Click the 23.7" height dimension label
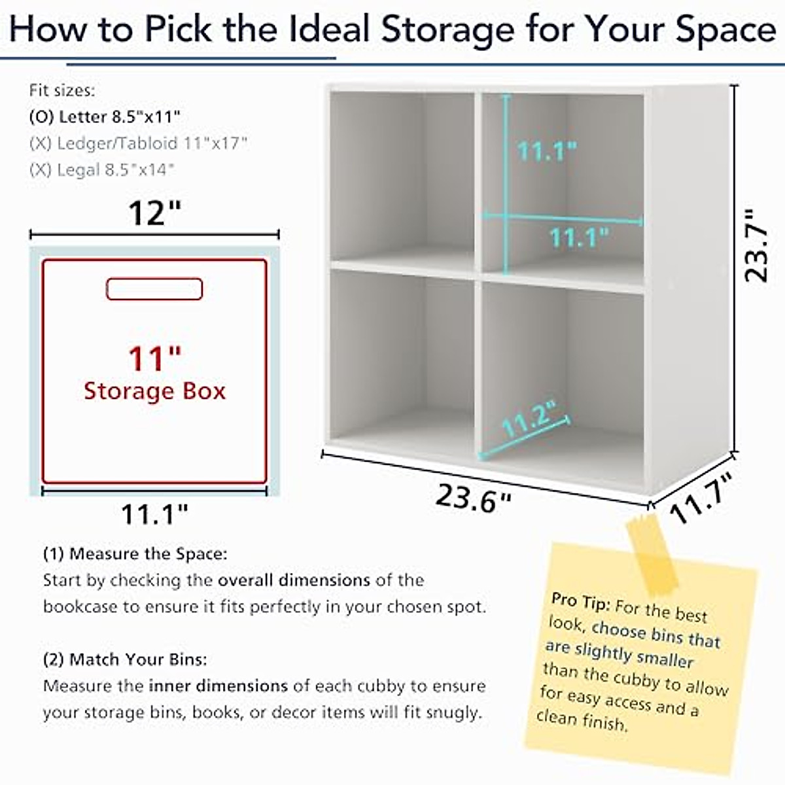[x=757, y=245]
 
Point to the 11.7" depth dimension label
[x=701, y=498]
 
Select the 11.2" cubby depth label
[x=529, y=419]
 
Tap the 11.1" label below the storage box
[x=154, y=515]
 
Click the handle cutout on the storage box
[x=154, y=289]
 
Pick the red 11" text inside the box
[x=154, y=358]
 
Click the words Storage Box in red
[x=154, y=391]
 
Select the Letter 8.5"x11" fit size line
[x=105, y=117]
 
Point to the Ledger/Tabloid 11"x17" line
[x=139, y=143]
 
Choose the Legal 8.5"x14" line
[x=102, y=170]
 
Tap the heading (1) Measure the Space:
[x=135, y=554]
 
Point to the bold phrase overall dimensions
[x=294, y=580]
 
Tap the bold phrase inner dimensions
[x=218, y=686]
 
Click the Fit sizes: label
[x=62, y=90]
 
